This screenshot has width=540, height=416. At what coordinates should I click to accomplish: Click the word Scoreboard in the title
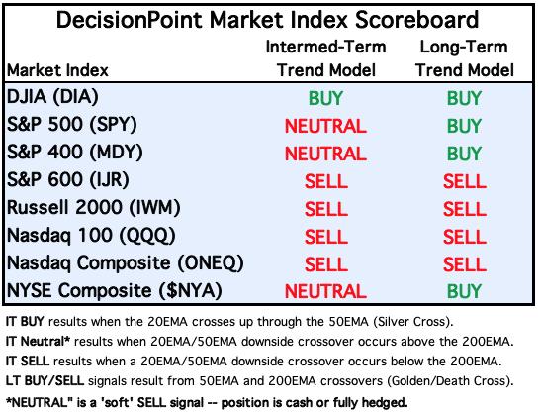416,20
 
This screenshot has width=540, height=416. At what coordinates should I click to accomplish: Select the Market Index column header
57,70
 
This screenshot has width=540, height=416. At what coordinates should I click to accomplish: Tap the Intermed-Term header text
325,47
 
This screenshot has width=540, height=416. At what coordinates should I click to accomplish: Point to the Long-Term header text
464,47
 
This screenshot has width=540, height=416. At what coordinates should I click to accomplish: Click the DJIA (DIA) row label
52,96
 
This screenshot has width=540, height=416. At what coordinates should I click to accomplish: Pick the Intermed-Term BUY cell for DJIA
325,98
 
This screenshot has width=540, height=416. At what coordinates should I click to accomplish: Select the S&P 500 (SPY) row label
71,124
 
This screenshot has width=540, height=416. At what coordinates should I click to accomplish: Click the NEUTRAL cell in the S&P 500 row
325,126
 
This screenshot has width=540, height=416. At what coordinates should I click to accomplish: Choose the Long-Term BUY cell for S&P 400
464,154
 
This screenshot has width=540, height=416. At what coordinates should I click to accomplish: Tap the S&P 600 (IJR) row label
68,179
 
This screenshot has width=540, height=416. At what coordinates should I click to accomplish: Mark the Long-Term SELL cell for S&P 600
464,181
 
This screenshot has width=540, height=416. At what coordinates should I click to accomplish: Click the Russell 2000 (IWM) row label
93,207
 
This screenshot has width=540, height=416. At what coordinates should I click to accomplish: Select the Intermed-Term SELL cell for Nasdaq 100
325,237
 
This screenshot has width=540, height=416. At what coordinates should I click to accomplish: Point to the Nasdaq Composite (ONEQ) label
126,262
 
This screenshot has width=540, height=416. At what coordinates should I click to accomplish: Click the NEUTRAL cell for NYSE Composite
325,291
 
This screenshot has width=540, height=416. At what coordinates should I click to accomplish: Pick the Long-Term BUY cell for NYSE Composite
464,291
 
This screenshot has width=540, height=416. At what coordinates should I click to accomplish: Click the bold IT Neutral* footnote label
38,341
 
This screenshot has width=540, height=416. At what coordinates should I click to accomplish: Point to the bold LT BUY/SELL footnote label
45,381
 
